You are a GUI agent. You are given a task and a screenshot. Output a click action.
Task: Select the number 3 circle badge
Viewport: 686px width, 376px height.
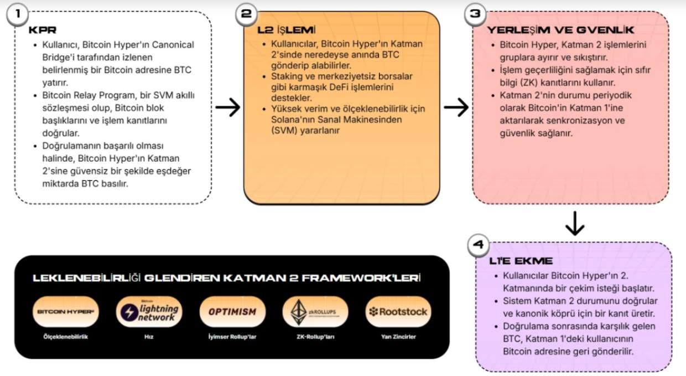pos(475,15)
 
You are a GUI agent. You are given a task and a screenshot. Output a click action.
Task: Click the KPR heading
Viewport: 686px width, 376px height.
pos(43,30)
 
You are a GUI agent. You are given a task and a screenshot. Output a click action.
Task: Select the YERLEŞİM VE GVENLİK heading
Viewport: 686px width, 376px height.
pos(560,30)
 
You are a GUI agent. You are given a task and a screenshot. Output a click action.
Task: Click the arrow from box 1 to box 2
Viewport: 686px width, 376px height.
pos(227,108)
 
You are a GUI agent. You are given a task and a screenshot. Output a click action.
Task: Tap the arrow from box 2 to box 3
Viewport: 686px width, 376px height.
pos(456,108)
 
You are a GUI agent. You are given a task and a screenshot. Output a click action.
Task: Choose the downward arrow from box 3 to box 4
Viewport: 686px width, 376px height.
pos(575,223)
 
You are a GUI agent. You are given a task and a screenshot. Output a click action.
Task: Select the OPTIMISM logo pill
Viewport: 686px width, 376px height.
pos(232,312)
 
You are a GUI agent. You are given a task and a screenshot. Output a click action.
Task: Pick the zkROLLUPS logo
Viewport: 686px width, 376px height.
pos(315,312)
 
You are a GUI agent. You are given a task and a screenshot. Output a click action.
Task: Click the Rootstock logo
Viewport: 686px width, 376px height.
pos(398,312)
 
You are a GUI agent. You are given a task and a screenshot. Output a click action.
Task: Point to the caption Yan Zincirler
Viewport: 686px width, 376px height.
pos(398,336)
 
